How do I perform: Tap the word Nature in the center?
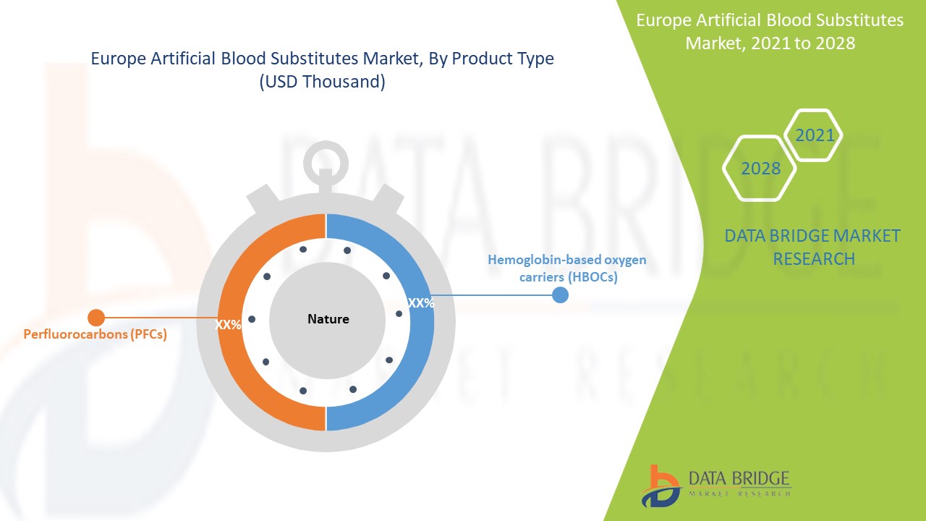pyautogui.click(x=328, y=319)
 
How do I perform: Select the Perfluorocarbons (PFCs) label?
pyautogui.click(x=95, y=335)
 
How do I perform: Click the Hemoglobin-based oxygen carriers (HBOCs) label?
pyautogui.click(x=566, y=268)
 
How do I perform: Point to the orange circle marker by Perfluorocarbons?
pyautogui.click(x=96, y=317)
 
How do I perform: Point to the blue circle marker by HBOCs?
pyautogui.click(x=560, y=295)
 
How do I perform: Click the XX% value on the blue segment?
pyautogui.click(x=421, y=304)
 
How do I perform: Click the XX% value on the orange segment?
pyautogui.click(x=229, y=326)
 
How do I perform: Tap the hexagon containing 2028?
pyautogui.click(x=760, y=169)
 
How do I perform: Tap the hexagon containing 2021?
pyautogui.click(x=815, y=135)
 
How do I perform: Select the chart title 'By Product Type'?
pyautogui.click(x=322, y=59)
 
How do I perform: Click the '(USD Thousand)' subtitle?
pyautogui.click(x=322, y=82)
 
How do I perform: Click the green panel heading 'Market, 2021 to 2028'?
pyautogui.click(x=770, y=43)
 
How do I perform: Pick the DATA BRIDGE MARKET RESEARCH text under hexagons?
pyautogui.click(x=813, y=247)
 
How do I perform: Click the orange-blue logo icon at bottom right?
pyautogui.click(x=660, y=486)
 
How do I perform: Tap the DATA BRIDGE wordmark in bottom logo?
pyautogui.click(x=739, y=478)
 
